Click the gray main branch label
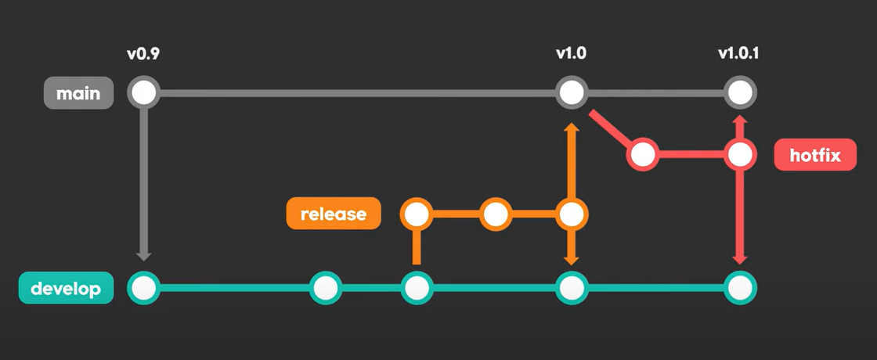(x=78, y=94)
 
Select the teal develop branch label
(x=65, y=289)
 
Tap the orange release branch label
(x=333, y=214)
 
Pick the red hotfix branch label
(x=814, y=156)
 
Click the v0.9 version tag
(x=143, y=54)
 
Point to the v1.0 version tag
(x=572, y=54)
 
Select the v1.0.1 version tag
(x=739, y=54)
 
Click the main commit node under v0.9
(x=143, y=93)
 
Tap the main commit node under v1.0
(x=572, y=93)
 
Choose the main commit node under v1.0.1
(x=739, y=93)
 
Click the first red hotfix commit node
(x=642, y=154)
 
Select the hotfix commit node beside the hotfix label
(x=739, y=154)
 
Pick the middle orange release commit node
(x=495, y=214)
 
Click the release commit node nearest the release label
(x=417, y=214)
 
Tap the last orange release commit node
(x=572, y=214)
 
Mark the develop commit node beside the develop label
(x=143, y=289)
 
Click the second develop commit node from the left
(x=325, y=289)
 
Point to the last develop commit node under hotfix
(x=739, y=289)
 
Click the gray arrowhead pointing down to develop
(x=143, y=255)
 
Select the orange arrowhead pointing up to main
(x=572, y=128)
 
